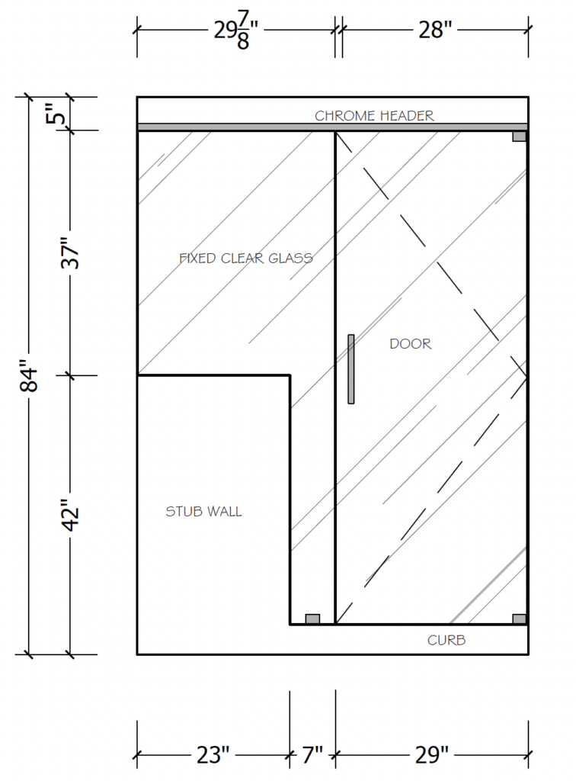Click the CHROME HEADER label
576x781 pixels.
coord(374,116)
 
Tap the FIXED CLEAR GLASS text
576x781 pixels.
coord(246,258)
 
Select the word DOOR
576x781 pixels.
coord(411,344)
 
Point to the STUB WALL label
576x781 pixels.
coord(203,512)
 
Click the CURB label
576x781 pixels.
coord(446,640)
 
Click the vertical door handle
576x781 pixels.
coord(351,369)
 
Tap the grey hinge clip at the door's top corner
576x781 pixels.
coord(520,137)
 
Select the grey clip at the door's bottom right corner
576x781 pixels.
coord(520,619)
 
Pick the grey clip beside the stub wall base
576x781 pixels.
coord(312,619)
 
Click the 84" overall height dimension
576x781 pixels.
coord(30,375)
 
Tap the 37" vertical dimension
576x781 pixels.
coord(70,253)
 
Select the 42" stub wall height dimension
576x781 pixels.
coord(70,515)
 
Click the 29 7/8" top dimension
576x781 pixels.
coord(235,31)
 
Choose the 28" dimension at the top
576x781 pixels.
coord(435,30)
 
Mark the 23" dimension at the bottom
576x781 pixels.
coord(213,755)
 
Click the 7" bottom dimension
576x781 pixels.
coord(312,755)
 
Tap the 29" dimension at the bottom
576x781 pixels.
coord(432,755)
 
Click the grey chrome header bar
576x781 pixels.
coord(332,127)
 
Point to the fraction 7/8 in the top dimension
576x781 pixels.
coord(243,31)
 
